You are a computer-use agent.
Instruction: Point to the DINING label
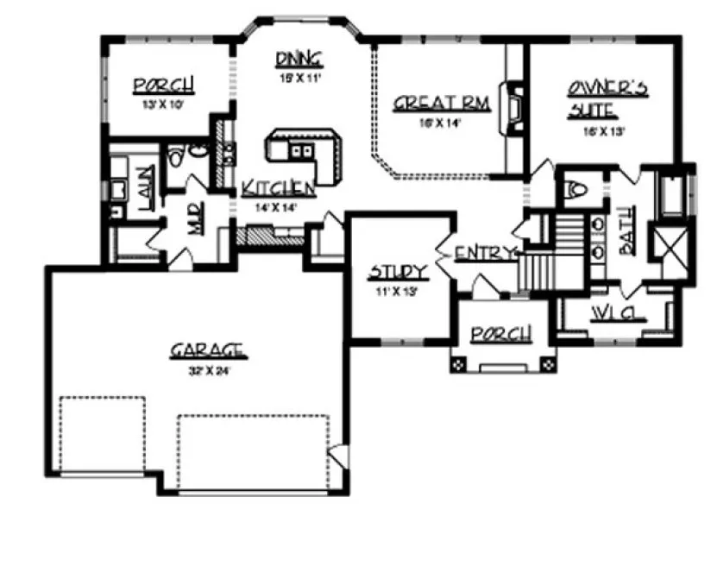(x=299, y=59)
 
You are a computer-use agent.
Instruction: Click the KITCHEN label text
(x=277, y=188)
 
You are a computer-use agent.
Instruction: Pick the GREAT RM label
(x=441, y=104)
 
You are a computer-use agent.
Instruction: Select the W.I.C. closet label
(x=618, y=312)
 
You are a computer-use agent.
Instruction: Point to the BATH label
(x=626, y=234)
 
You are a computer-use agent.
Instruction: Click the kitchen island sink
(x=301, y=153)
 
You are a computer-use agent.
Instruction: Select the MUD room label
(x=196, y=224)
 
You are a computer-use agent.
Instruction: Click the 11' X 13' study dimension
(x=396, y=292)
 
